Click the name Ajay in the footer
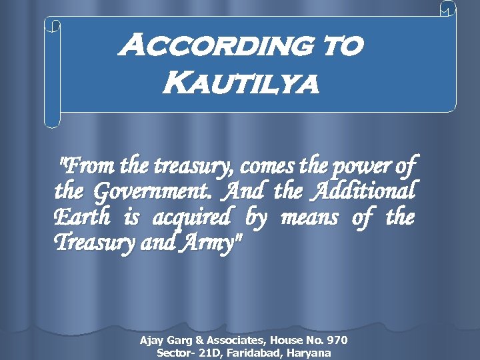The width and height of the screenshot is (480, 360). pyautogui.click(x=151, y=341)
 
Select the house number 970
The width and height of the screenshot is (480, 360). pyautogui.click(x=336, y=341)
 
